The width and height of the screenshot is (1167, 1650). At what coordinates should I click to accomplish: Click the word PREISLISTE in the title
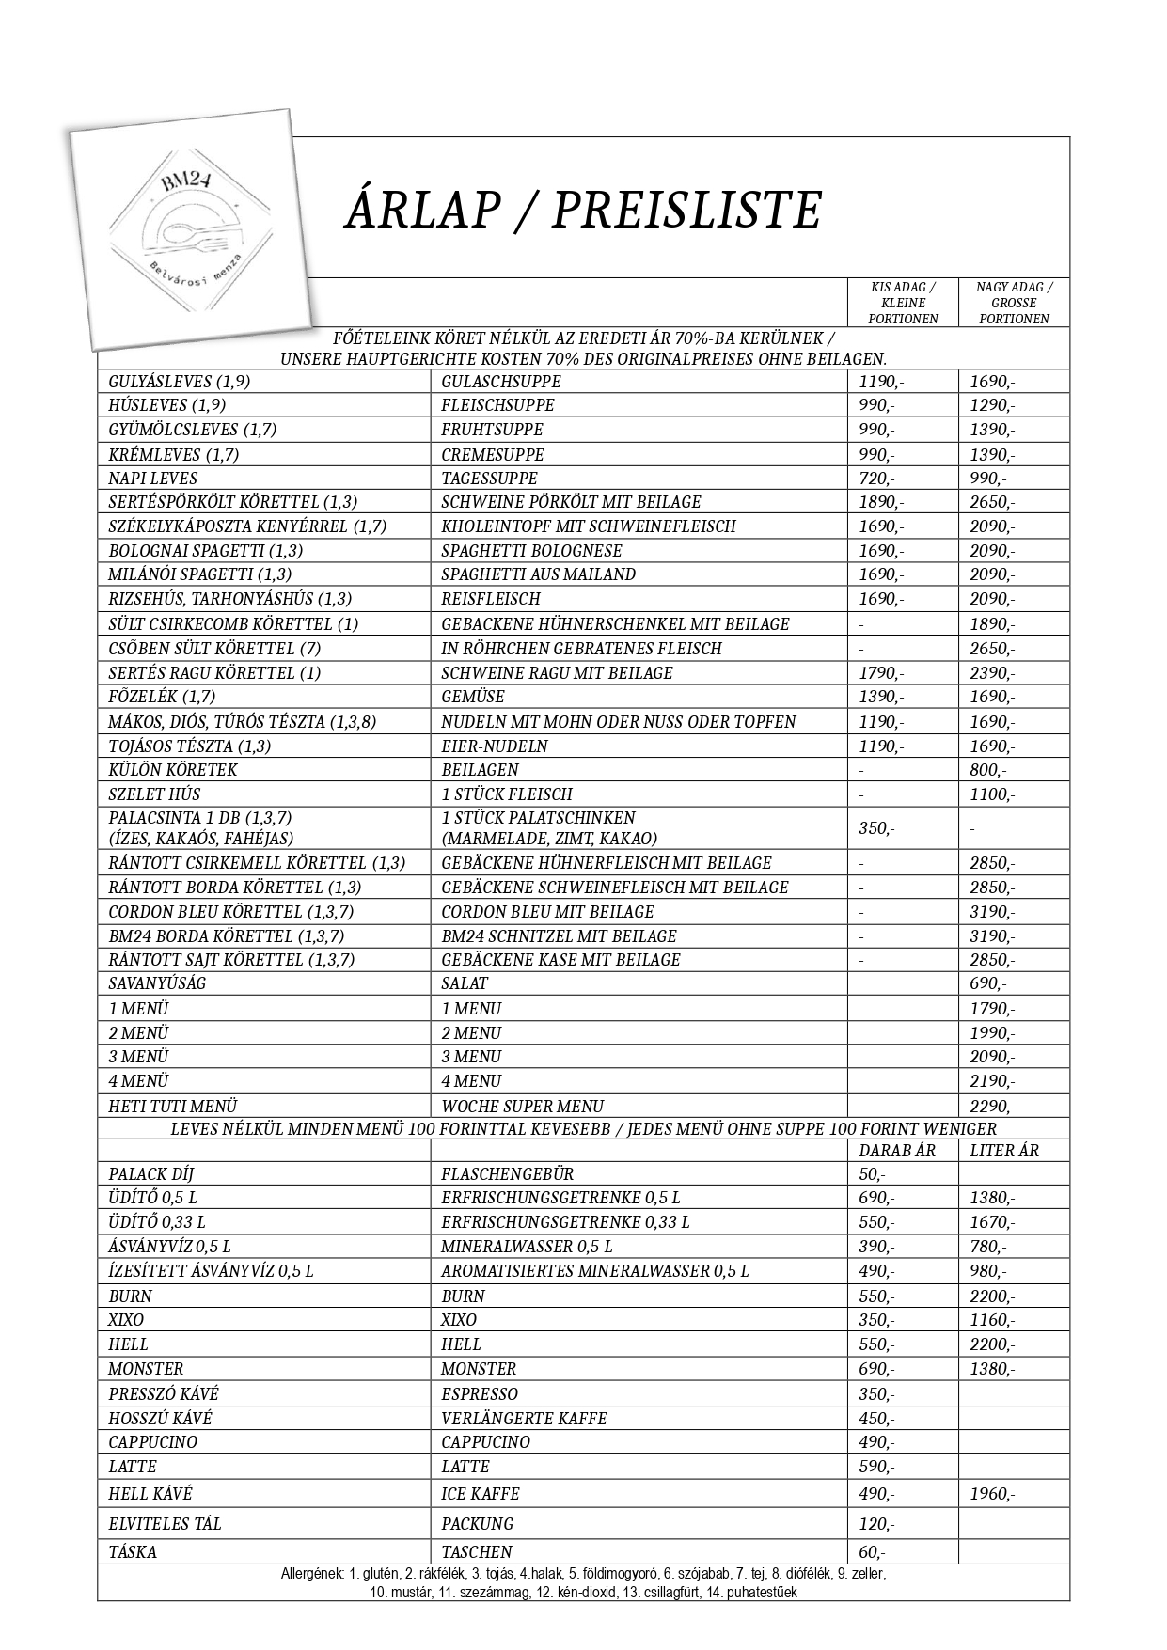[686, 209]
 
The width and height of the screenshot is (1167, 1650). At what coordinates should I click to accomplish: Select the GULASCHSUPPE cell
[501, 382]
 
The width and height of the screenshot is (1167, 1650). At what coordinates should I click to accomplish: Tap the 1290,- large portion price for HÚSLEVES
[992, 406]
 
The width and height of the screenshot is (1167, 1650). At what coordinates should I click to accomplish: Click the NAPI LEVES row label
[152, 479]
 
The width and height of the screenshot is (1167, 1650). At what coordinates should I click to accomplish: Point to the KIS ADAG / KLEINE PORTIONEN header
[903, 303]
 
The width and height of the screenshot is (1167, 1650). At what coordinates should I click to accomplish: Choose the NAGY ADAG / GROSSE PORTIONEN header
[1014, 303]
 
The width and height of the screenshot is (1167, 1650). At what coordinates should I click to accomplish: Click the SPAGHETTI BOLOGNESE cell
[531, 551]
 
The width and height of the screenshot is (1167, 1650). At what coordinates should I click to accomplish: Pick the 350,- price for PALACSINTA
[876, 828]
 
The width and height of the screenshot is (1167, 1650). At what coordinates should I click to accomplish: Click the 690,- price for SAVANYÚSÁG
[987, 984]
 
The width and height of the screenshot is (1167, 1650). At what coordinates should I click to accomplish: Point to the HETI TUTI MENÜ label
[172, 1107]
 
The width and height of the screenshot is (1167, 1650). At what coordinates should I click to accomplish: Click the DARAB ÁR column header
[897, 1151]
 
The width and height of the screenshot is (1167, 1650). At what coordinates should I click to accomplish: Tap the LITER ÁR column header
[1004, 1151]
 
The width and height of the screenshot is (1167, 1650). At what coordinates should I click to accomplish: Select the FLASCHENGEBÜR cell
[507, 1174]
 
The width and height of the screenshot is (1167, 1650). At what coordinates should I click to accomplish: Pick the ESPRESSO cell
[480, 1394]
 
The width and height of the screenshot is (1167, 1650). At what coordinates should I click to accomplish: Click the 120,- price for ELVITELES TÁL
[876, 1524]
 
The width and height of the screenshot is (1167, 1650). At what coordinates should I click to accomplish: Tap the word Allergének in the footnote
[312, 1573]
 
